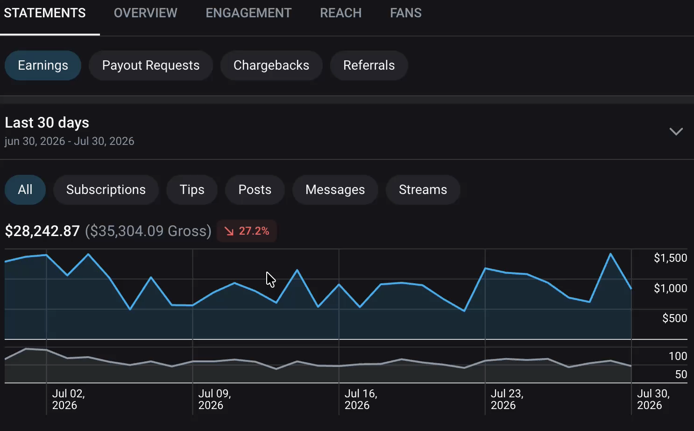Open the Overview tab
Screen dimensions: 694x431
pos(145,13)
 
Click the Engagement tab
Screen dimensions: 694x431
pos(248,13)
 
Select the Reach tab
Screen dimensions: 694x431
pos(341,13)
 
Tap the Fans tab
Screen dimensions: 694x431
pos(406,13)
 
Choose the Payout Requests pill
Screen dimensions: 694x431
pos(151,65)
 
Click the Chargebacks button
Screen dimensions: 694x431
pos(271,65)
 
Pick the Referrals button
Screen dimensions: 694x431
pos(369,65)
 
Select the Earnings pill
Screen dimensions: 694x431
pos(43,65)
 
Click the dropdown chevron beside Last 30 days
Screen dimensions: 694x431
pos(676,131)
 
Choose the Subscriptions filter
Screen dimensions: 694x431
pos(106,190)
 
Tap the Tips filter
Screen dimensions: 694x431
pos(192,190)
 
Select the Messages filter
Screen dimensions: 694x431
pos(335,190)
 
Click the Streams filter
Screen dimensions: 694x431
pos(423,190)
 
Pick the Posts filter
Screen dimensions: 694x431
pos(255,190)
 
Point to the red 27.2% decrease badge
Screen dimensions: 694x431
pos(247,231)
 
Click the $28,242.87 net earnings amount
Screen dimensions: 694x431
pos(42,231)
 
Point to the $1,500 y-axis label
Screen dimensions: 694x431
pos(671,258)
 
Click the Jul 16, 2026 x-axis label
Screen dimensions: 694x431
pos(361,399)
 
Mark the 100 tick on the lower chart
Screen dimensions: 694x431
pos(678,356)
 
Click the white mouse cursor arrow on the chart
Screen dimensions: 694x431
pos(270,280)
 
